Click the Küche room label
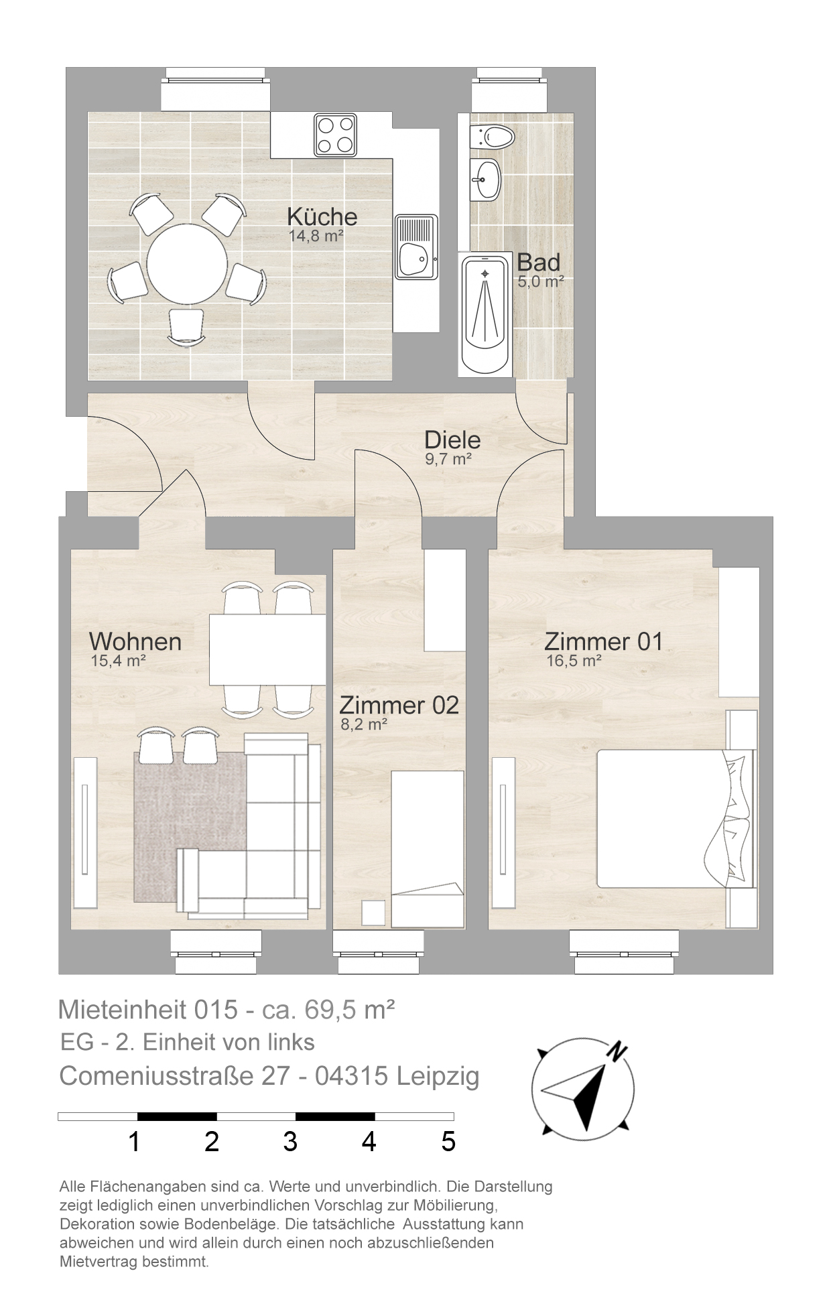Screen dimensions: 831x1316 (x=322, y=216)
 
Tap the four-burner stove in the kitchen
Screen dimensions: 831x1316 (x=335, y=135)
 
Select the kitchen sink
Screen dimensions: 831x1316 (x=415, y=246)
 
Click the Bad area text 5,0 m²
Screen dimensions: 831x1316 (x=540, y=281)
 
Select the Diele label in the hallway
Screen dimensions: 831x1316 (x=452, y=440)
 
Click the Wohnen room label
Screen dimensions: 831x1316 (x=135, y=641)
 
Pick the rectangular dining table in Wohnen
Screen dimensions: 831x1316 (x=267, y=649)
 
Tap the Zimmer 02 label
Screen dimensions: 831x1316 (x=399, y=705)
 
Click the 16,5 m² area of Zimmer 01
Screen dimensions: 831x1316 (x=574, y=661)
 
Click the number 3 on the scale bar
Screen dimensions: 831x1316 (x=290, y=1141)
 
